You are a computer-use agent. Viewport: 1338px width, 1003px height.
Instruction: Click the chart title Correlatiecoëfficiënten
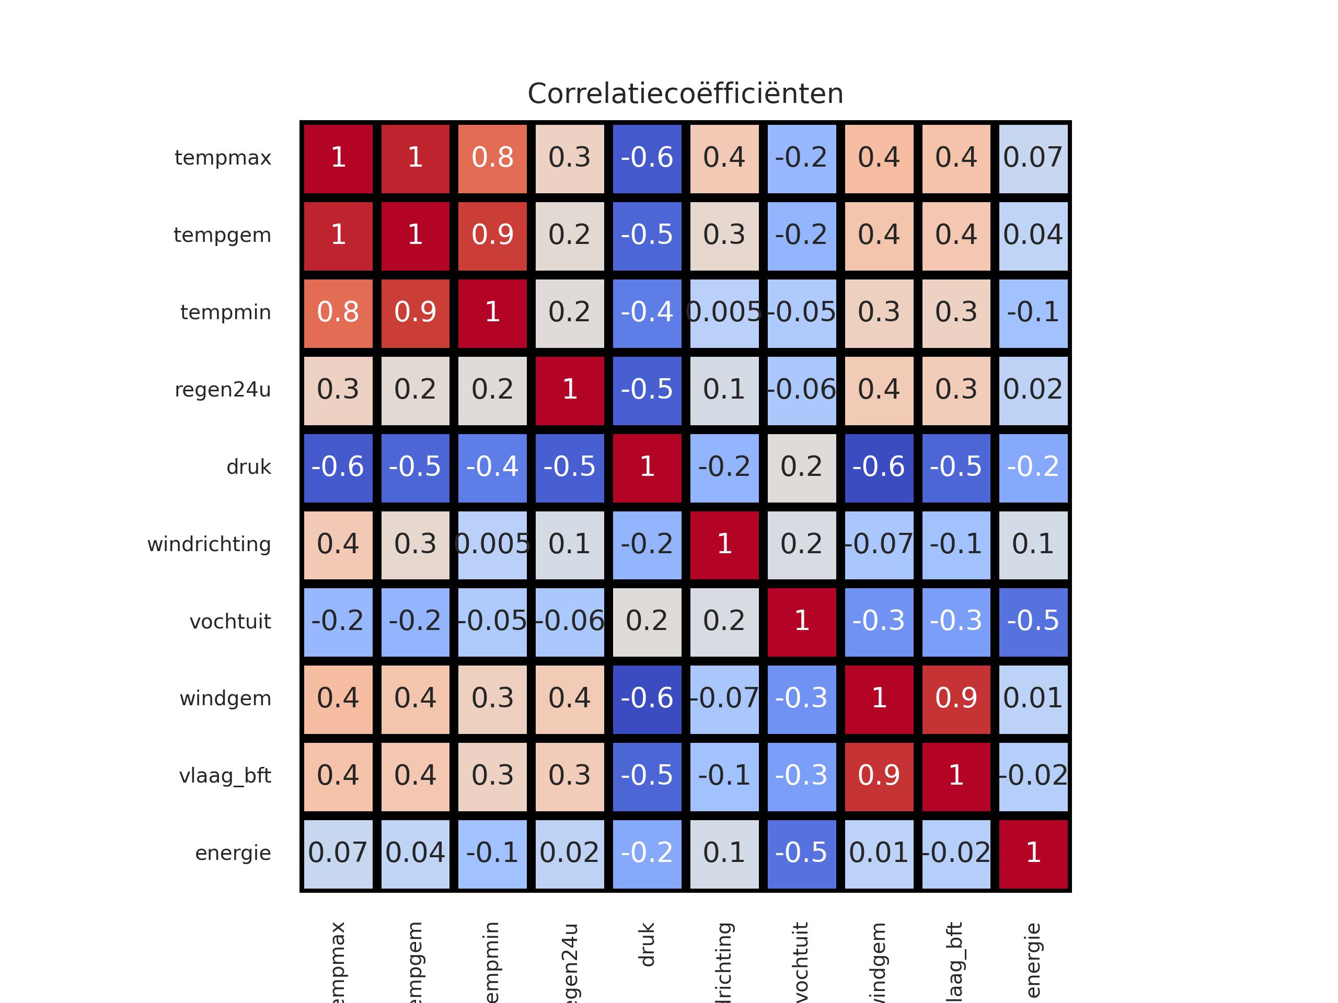(685, 94)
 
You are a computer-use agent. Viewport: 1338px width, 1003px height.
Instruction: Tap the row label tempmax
(223, 158)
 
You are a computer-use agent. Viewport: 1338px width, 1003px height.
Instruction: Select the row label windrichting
(209, 544)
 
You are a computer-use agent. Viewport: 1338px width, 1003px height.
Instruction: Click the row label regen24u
(223, 390)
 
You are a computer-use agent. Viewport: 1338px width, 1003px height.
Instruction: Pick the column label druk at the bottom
(647, 944)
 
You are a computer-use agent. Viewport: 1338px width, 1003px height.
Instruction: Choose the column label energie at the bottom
(1033, 960)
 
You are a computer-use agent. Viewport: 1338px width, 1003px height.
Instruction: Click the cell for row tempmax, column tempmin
(492, 158)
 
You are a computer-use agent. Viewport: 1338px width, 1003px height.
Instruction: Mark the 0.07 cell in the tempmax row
(1033, 158)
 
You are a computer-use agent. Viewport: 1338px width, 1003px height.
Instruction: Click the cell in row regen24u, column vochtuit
(801, 390)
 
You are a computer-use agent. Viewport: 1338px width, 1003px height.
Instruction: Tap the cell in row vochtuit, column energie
(1033, 622)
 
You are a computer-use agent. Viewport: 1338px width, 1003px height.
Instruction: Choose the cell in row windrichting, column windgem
(879, 545)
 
